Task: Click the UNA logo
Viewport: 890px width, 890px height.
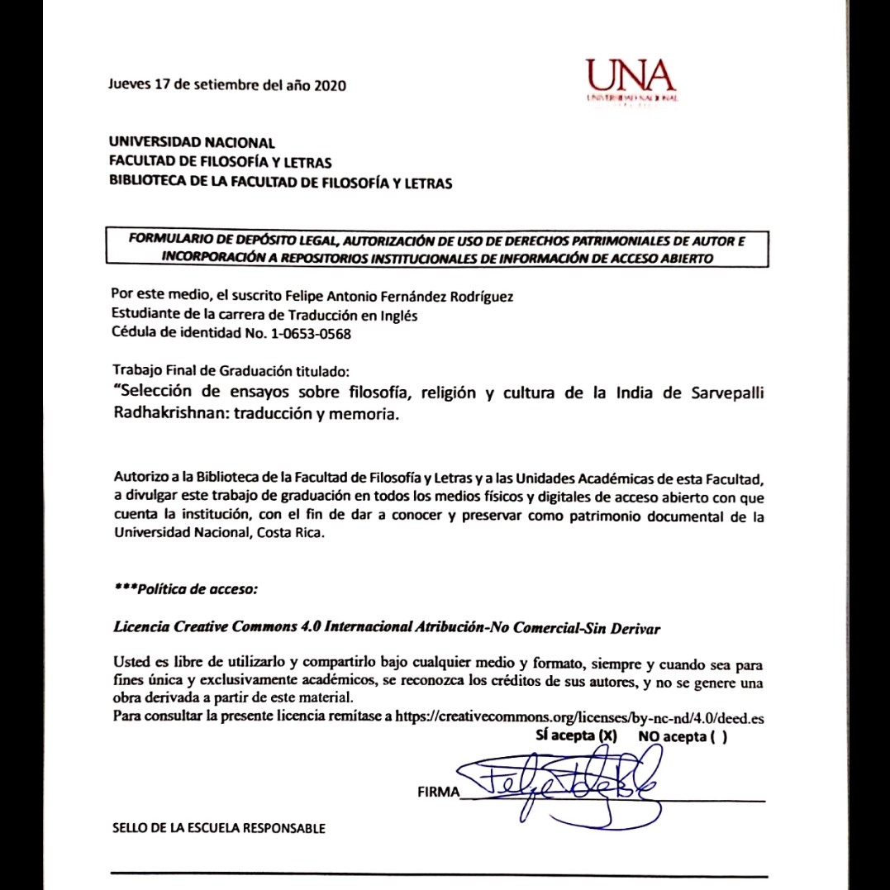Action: coord(631,81)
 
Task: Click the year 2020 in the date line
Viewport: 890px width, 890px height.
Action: coord(330,84)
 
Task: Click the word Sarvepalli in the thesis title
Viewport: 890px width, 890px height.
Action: coord(727,393)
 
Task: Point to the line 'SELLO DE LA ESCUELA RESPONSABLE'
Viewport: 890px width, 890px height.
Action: coord(218,828)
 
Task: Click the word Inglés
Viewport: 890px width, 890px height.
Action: coord(398,315)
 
